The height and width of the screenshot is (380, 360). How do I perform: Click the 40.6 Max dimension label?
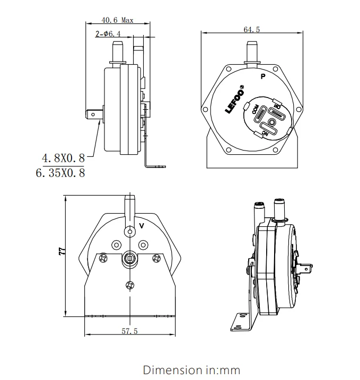tap(117, 20)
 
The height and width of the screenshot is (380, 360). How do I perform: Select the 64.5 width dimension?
tap(252, 29)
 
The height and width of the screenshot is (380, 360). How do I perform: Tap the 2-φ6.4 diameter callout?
tap(108, 34)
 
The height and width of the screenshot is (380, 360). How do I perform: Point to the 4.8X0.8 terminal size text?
tap(64, 158)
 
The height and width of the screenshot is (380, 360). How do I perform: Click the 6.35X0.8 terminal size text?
tap(60, 173)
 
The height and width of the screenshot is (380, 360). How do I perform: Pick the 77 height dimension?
tap(62, 251)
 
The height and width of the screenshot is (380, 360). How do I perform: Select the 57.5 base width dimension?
tap(129, 331)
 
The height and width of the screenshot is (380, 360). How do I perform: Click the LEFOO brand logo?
tap(234, 99)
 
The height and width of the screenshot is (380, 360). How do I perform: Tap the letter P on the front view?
tap(263, 76)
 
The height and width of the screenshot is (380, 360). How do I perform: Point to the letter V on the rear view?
tap(142, 226)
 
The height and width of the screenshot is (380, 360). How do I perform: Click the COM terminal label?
tap(256, 109)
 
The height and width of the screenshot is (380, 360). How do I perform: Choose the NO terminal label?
tap(277, 107)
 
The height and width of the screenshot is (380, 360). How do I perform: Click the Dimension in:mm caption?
tap(191, 370)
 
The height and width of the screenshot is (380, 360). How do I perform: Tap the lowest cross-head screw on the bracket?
tap(130, 285)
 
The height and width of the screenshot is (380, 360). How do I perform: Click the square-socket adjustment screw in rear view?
tap(130, 259)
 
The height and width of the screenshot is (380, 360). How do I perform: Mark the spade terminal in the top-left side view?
tap(94, 114)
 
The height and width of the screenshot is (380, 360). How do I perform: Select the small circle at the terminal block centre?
tap(272, 122)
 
